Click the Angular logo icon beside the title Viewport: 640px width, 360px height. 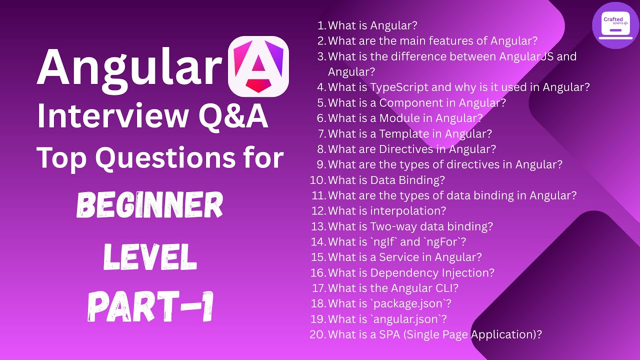[x=258, y=67]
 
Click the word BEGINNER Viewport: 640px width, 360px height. [x=150, y=206]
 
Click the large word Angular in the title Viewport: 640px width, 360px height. [x=129, y=68]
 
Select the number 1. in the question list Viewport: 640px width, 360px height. [x=321, y=25]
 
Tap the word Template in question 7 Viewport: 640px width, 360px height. [x=404, y=134]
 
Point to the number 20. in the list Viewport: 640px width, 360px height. [x=318, y=334]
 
